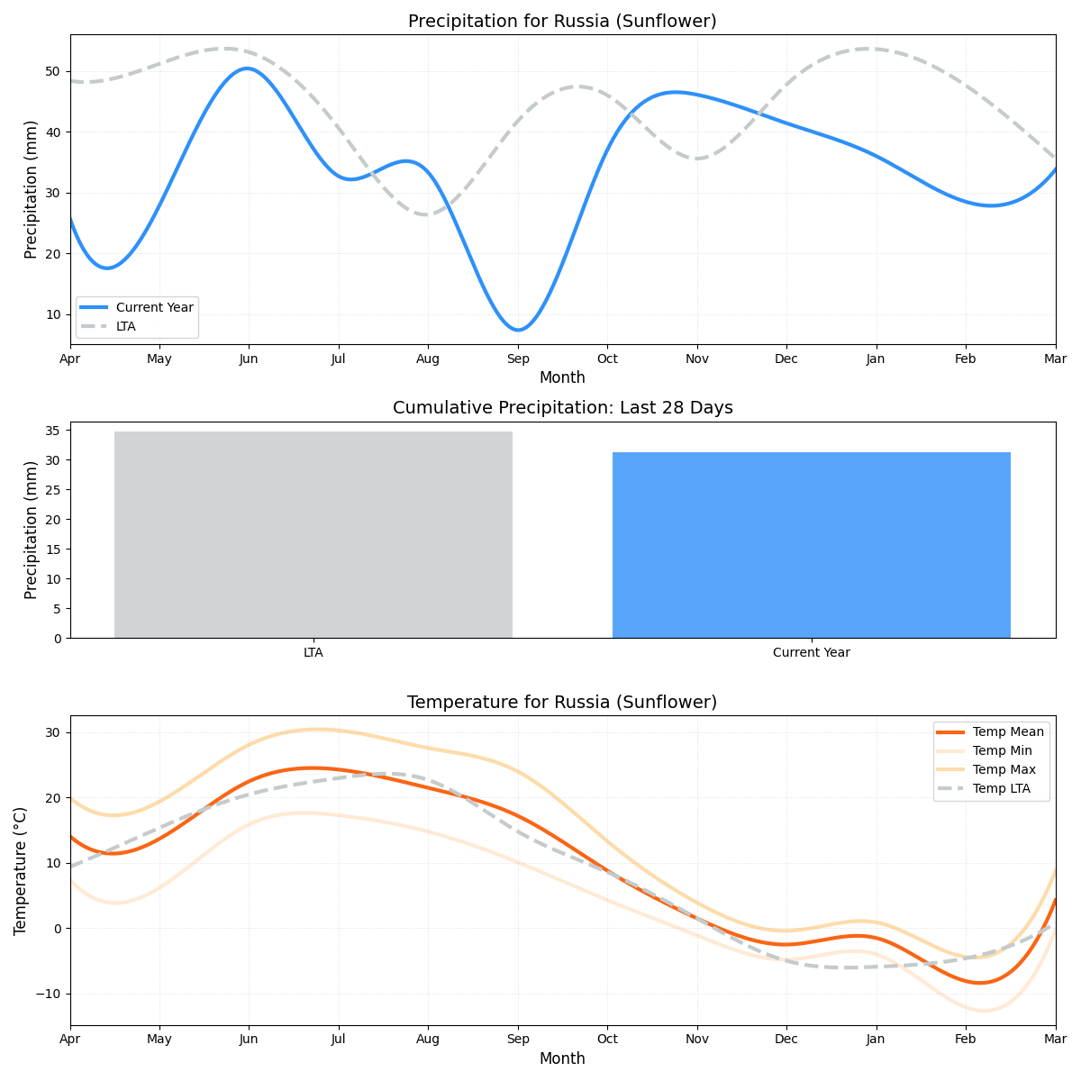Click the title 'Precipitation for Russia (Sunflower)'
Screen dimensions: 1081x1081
[562, 22]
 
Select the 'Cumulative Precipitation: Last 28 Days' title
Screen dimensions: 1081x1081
[562, 408]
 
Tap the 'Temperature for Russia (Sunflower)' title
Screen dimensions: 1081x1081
[562, 702]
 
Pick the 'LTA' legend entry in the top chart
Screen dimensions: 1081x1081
[126, 326]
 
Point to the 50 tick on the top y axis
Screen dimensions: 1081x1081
[53, 71]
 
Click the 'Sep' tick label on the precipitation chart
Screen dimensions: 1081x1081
[518, 359]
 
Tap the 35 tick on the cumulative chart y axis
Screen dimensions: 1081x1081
[53, 431]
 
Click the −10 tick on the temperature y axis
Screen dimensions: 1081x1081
[47, 994]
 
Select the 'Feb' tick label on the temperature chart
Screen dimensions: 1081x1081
[966, 1040]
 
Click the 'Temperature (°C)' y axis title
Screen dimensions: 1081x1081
[21, 870]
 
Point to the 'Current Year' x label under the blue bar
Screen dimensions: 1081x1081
[811, 652]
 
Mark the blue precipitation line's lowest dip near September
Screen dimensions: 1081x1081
[518, 330]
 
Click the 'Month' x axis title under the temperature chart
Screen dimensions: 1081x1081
[562, 1058]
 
